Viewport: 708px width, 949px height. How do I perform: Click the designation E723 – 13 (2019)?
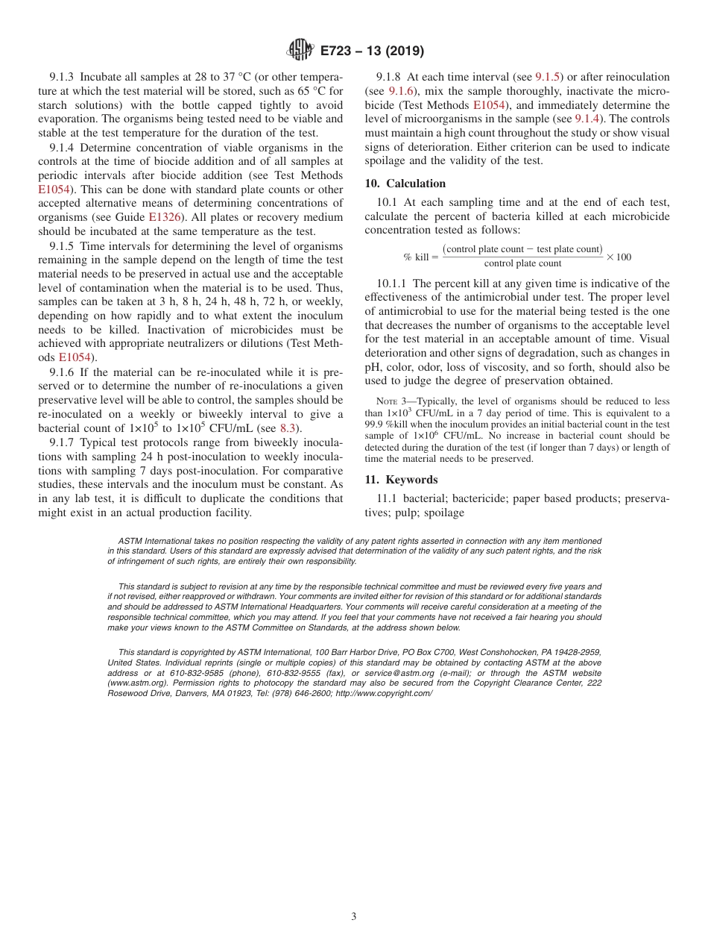[x=372, y=51]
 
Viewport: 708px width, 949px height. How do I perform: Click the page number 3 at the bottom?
[x=354, y=916]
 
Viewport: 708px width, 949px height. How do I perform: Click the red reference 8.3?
[x=288, y=428]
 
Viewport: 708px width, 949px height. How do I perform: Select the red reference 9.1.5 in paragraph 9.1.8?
[x=549, y=77]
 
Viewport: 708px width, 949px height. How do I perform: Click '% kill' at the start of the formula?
[x=416, y=257]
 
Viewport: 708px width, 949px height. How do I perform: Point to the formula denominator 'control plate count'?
[x=522, y=264]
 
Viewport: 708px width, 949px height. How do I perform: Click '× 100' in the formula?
[x=619, y=257]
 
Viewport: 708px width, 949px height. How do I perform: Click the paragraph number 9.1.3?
[x=63, y=77]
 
